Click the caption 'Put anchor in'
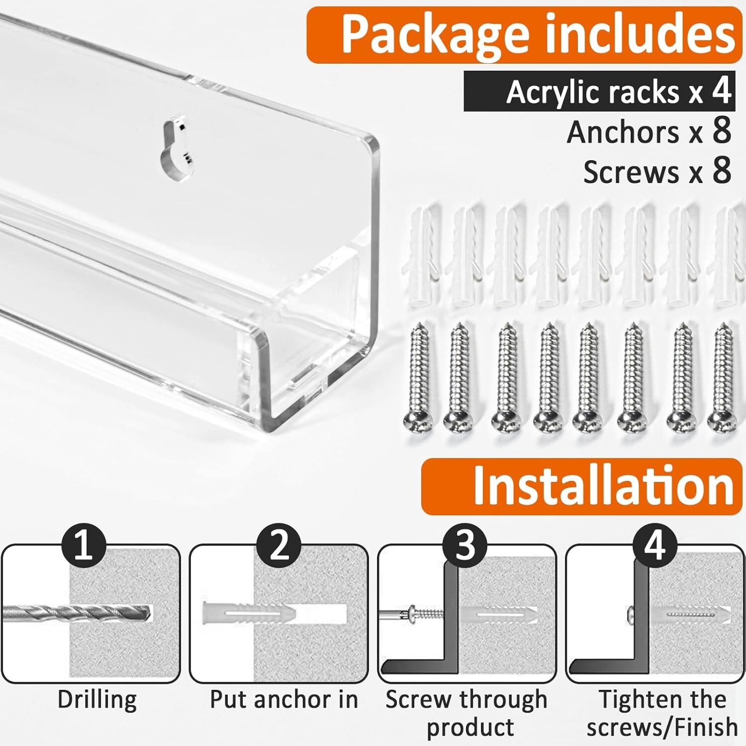tap(284, 699)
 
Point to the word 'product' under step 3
tap(470, 728)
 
